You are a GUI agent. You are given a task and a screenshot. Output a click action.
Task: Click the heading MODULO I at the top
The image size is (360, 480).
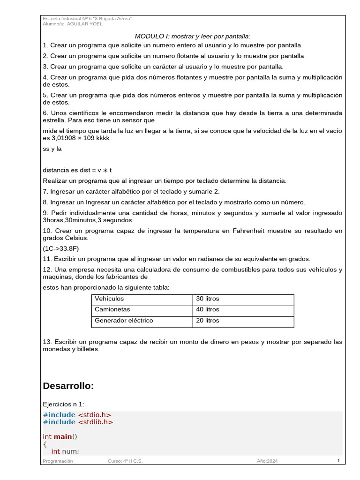point(193,36)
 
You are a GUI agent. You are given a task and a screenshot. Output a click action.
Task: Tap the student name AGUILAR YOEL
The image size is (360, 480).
point(85,24)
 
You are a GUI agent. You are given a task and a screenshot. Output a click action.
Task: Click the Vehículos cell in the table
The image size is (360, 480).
point(109,299)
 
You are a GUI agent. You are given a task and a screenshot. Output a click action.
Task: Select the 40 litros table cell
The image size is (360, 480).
point(207,309)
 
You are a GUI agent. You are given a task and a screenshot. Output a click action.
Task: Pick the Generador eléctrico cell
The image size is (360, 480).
point(124,321)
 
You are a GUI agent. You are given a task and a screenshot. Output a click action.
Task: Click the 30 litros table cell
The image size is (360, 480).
point(207,299)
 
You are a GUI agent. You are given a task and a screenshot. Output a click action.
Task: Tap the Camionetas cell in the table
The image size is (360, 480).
point(112,309)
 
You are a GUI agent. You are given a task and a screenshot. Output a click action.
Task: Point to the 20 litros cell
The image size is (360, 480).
point(207,321)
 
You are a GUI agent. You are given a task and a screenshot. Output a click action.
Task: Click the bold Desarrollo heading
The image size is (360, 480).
point(68,386)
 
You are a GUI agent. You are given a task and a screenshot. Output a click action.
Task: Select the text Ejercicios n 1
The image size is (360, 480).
point(64,404)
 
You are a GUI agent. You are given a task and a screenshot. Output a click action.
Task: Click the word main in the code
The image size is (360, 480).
point(63,436)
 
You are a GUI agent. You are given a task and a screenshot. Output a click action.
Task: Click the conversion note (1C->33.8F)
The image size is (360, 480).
point(61,248)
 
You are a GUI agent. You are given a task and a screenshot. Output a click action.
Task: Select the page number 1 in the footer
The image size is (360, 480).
point(338,461)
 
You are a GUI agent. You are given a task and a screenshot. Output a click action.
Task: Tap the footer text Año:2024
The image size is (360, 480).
point(267,461)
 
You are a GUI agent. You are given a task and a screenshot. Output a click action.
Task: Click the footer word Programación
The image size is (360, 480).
point(58,461)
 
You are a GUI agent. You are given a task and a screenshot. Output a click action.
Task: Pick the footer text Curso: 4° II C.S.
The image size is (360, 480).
point(125,461)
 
